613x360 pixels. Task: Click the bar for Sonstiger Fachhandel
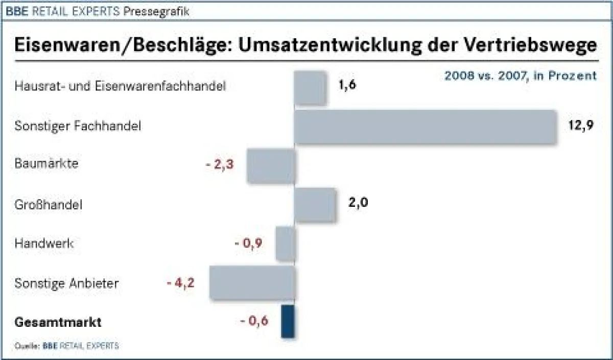coord(425,126)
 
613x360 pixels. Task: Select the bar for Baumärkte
coord(271,166)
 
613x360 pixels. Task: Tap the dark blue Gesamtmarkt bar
coord(288,322)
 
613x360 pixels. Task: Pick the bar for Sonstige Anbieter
coord(252,282)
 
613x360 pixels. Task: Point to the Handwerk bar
coord(286,244)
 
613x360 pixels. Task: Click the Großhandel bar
coord(315,204)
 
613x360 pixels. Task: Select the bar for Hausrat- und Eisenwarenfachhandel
coord(311,87)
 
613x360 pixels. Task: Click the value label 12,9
coord(581,125)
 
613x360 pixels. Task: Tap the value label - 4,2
coord(181,282)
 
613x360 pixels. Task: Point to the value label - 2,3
coord(220,165)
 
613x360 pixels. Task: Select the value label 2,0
coord(358,203)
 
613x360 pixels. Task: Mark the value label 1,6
coord(347,85)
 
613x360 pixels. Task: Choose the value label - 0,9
coord(248,244)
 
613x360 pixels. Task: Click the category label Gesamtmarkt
coord(58,323)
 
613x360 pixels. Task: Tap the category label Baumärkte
coord(46,164)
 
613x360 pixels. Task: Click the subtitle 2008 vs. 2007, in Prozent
coord(520,76)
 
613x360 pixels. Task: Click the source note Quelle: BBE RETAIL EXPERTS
coord(66,346)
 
